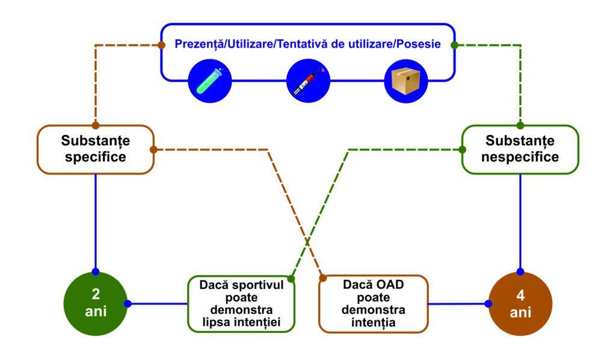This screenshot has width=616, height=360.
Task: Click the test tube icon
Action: tap(210, 81)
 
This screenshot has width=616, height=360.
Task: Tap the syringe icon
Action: tap(308, 81)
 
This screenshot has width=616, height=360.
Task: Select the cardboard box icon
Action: tap(406, 81)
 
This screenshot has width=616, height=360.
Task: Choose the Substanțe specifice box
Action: tap(96, 149)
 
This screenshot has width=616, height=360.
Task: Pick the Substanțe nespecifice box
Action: tap(520, 149)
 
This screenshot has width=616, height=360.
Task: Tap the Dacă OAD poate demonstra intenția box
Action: tap(373, 304)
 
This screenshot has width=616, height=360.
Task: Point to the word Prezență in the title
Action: tap(197, 45)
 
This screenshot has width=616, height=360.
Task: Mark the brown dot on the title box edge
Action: tap(161, 45)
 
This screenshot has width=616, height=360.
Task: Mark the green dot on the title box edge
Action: tap(455, 45)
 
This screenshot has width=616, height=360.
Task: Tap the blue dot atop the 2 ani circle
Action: tap(96, 272)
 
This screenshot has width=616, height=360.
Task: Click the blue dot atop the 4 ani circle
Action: tap(520, 272)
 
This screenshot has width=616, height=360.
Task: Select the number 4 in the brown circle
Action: tap(520, 296)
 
